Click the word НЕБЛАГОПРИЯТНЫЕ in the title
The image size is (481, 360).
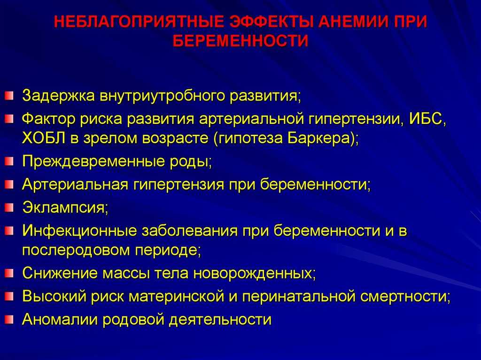pyautogui.click(x=139, y=22)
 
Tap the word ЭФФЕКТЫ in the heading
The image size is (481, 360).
pyautogui.click(x=272, y=22)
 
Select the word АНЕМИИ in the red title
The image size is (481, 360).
pyautogui.click(x=353, y=22)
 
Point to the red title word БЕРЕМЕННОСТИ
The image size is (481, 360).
pyautogui.click(x=240, y=41)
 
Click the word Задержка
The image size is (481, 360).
pyautogui.click(x=58, y=96)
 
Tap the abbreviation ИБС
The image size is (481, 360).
pyautogui.click(x=427, y=119)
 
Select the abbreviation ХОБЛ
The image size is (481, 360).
pyautogui.click(x=43, y=138)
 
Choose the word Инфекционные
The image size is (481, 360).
pyautogui.click(x=79, y=230)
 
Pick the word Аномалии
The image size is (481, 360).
pyautogui.click(x=60, y=320)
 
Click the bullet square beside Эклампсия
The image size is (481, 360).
pyautogui.click(x=9, y=207)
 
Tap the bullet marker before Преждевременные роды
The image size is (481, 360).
pyautogui.click(x=9, y=161)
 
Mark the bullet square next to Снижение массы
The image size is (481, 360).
pyautogui.click(x=9, y=273)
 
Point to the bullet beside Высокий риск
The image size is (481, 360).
pyautogui.click(x=9, y=296)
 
